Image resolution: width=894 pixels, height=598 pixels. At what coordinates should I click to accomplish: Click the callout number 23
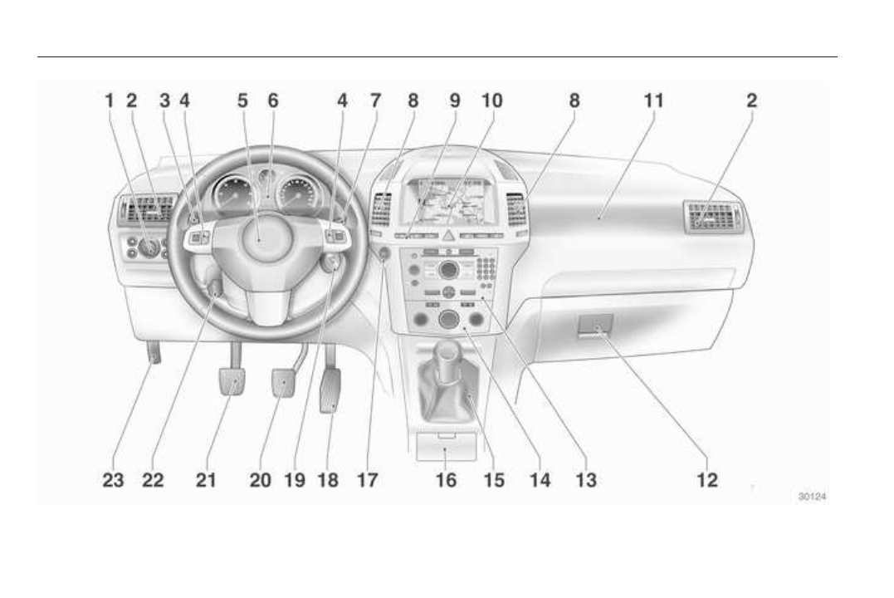coord(114,479)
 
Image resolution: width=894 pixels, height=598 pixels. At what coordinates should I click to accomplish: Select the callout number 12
coord(707,479)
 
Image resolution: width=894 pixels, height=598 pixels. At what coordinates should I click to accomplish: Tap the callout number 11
coord(654,100)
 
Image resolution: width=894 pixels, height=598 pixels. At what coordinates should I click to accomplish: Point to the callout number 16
coord(447,479)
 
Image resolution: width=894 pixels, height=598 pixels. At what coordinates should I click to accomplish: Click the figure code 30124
coord(811,496)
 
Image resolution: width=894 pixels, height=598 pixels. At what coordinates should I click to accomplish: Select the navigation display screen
coord(449,201)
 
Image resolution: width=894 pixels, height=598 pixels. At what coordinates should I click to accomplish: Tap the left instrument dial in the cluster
coord(230,196)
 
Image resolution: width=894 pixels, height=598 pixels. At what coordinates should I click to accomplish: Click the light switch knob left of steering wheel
coord(149,247)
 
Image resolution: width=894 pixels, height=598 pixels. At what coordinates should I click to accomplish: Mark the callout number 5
coord(242,100)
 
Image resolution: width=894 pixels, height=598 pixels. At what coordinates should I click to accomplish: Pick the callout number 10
coord(492,100)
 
